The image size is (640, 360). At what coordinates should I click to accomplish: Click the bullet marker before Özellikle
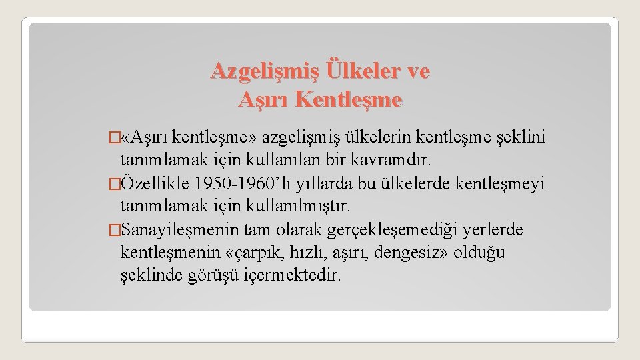coord(113,183)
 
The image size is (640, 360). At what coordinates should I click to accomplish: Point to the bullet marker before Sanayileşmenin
coord(113,230)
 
